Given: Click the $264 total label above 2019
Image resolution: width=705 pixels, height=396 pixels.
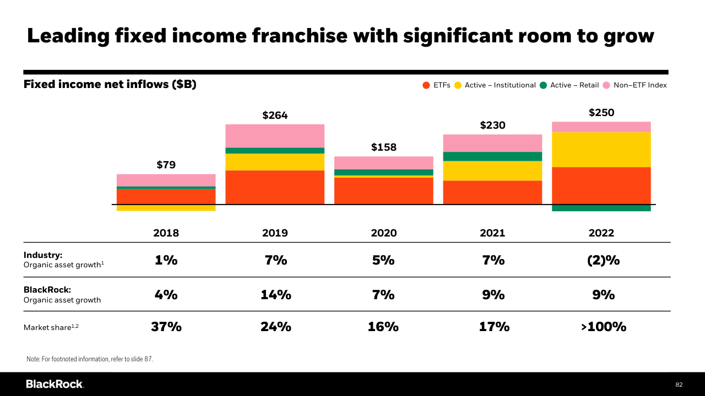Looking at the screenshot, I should click(275, 116).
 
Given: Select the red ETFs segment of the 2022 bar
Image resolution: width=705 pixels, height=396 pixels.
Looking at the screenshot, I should click(601, 185).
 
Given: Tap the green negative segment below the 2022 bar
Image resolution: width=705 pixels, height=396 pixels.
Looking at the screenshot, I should click(601, 208).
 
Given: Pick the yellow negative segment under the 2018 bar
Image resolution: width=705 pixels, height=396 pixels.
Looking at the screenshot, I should click(166, 208).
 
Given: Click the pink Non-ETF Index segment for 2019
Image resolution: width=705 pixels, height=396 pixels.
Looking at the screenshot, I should click(275, 136).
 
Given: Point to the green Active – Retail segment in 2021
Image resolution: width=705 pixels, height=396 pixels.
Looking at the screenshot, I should click(492, 156).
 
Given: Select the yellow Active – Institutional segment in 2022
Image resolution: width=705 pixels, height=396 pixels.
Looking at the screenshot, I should click(601, 150).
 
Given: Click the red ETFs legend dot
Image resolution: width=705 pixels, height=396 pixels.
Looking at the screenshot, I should click(426, 85).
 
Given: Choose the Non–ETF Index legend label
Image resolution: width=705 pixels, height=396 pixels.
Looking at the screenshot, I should click(640, 85).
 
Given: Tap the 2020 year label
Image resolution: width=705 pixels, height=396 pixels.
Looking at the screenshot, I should click(384, 233).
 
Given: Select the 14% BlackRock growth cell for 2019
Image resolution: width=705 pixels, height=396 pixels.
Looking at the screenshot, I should click(276, 295).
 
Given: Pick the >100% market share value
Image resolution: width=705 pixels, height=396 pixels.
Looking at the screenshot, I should click(604, 327).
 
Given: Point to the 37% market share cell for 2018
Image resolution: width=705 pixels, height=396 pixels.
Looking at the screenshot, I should click(166, 327).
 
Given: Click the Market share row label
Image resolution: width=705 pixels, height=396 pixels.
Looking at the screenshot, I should click(47, 327).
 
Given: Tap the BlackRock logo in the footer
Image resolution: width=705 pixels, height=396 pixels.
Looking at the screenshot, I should click(55, 384).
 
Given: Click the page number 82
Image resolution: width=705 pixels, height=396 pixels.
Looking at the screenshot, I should click(679, 384).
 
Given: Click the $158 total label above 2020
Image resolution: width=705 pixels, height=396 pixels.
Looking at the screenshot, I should click(384, 147).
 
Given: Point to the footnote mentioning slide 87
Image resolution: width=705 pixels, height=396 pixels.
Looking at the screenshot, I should click(90, 359).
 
